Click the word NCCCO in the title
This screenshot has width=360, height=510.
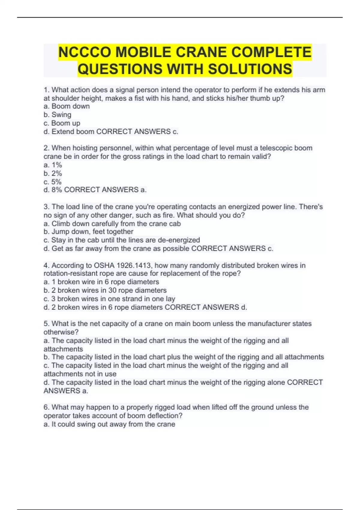pos(85,52)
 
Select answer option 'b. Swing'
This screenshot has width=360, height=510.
pos(57,115)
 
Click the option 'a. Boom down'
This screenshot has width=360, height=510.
pos(67,106)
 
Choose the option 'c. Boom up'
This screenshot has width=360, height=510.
pos(62,123)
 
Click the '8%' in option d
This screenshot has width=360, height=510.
pos(56,190)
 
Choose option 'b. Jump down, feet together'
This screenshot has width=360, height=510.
pos(88,232)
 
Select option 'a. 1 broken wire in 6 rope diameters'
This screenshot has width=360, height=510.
pos(101,282)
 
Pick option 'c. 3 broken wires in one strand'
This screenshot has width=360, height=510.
pos(109,299)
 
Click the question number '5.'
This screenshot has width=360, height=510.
pos(46,324)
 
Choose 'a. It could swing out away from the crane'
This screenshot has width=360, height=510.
pos(109,424)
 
